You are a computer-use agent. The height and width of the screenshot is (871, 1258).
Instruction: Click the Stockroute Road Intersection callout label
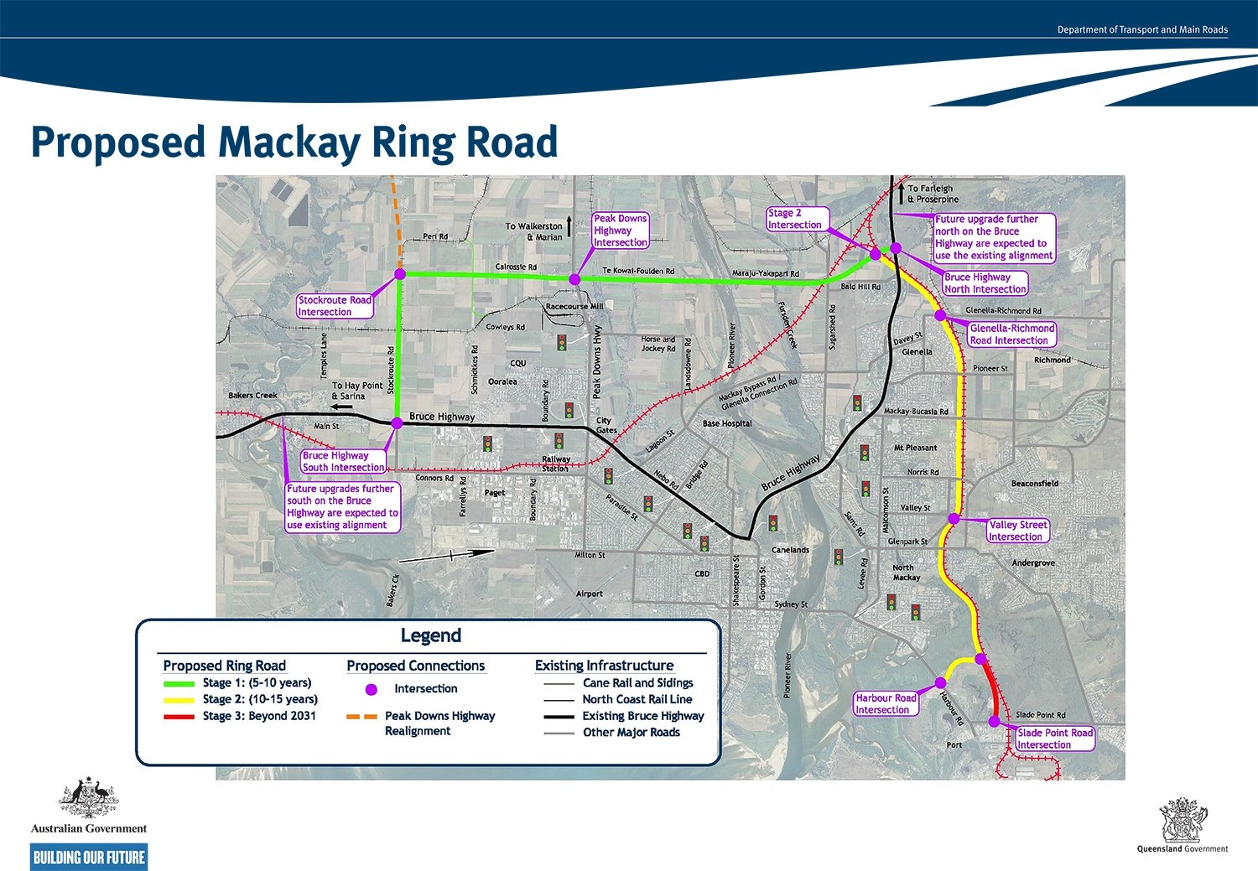(335, 306)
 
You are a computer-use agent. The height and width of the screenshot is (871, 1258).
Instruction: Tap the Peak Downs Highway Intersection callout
(620, 231)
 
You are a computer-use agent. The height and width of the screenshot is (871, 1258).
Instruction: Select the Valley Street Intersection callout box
(1017, 531)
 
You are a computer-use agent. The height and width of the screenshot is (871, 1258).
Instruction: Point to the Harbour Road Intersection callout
(886, 703)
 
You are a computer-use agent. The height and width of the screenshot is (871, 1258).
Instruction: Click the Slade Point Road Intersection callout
(1054, 739)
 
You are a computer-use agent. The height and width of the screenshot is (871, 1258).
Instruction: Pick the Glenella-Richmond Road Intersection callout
(1011, 334)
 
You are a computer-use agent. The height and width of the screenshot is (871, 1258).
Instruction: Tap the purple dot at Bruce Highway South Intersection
(398, 423)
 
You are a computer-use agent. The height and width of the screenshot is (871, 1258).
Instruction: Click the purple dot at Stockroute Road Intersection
(400, 274)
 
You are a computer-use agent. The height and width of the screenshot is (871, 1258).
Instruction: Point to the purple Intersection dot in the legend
(372, 689)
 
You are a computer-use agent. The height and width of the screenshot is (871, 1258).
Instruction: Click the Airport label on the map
(589, 594)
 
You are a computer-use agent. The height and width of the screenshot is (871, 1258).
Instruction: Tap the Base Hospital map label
(727, 423)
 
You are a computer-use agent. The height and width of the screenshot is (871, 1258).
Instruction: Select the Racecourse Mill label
(574, 307)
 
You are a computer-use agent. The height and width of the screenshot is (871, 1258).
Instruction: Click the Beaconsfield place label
(1034, 484)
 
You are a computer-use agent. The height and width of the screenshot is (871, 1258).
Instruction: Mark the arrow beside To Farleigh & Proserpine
(900, 194)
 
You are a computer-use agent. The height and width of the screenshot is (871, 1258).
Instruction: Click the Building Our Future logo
(89, 857)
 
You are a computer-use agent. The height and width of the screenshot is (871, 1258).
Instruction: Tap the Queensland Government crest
(1182, 820)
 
